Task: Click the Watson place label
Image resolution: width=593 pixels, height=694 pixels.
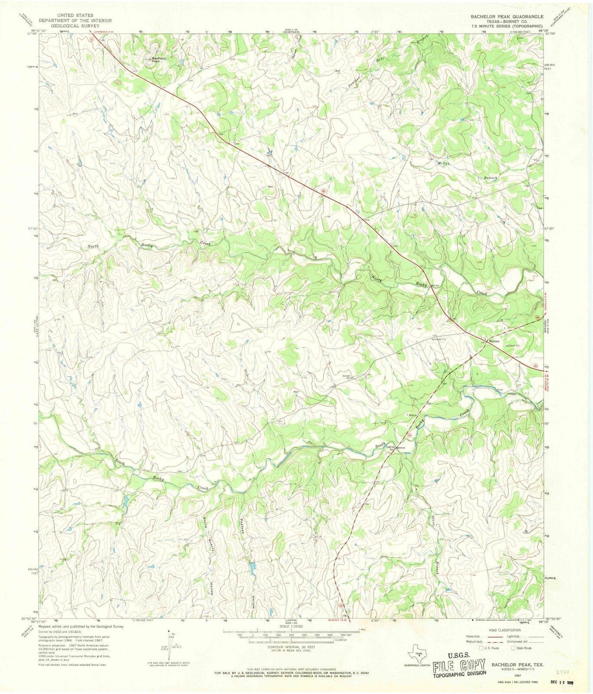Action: point(494,341)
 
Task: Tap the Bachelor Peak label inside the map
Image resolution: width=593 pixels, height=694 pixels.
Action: point(158,60)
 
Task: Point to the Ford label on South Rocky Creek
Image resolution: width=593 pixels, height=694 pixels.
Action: point(500,390)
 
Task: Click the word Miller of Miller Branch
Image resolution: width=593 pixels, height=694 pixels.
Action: point(443,163)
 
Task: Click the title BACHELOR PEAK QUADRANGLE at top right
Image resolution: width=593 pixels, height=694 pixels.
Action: point(507,16)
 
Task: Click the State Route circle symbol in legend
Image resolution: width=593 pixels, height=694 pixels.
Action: point(513,648)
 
